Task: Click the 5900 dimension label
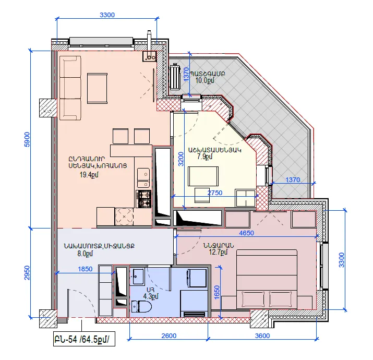click(27, 139)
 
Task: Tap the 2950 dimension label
click(27, 273)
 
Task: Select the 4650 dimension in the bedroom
click(246, 233)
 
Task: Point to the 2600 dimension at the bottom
click(169, 335)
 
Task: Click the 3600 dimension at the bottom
click(262, 335)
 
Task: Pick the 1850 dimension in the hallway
click(85, 269)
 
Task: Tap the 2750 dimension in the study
click(215, 193)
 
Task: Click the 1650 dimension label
click(216, 292)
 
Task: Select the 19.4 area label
click(89, 175)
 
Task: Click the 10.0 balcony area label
click(204, 80)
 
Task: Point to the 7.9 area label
click(204, 157)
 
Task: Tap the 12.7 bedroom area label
click(218, 251)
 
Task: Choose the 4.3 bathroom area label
click(151, 296)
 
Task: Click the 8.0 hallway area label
click(85, 254)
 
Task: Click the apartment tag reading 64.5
click(84, 339)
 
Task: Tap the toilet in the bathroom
click(141, 306)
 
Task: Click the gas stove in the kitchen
click(143, 199)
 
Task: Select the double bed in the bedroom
click(267, 279)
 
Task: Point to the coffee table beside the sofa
click(97, 88)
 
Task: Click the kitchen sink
click(143, 178)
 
